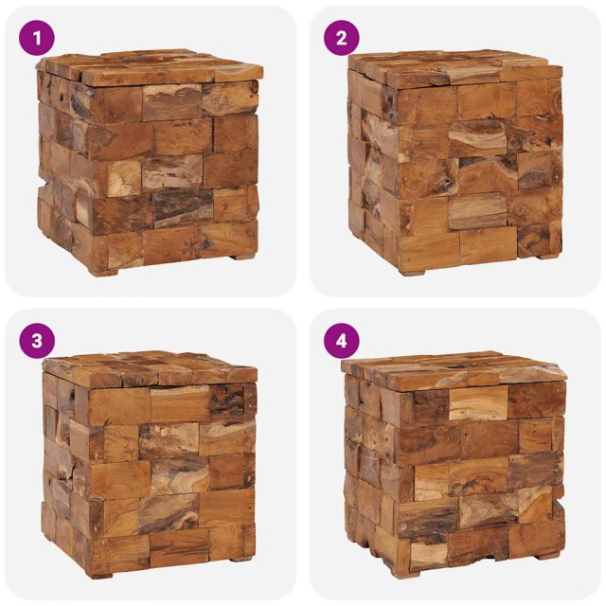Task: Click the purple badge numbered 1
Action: [37, 38]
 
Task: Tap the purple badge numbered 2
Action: [342, 38]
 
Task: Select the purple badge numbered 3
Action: [37, 341]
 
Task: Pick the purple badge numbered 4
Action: [342, 341]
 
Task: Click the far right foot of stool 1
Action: [244, 256]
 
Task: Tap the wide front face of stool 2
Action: [478, 175]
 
